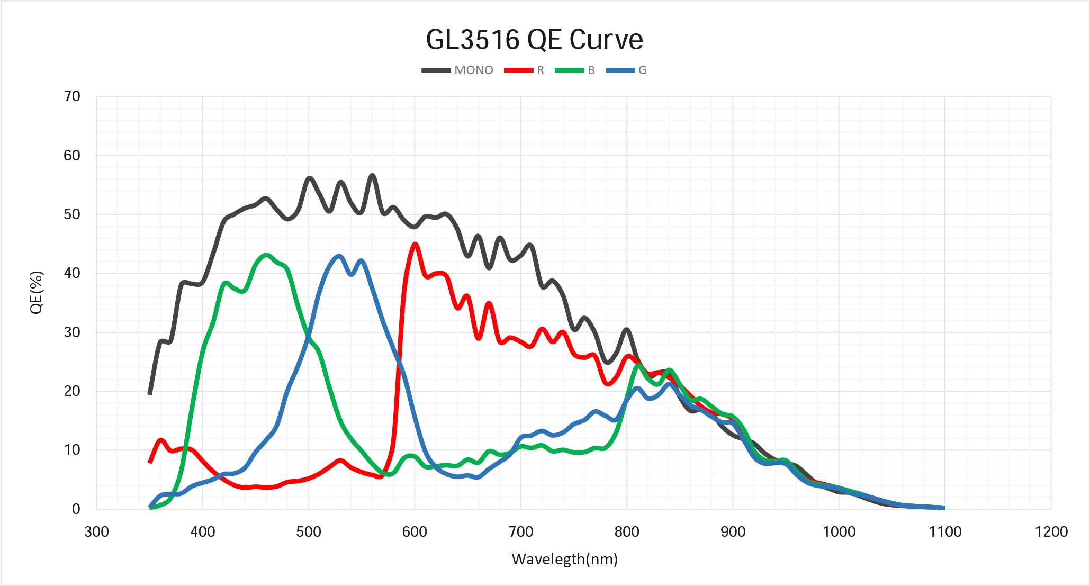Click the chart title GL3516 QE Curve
click(x=534, y=40)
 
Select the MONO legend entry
click(x=458, y=70)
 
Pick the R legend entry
click(x=524, y=70)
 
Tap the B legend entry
click(x=575, y=70)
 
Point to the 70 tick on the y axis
click(x=72, y=96)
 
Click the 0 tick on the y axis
click(x=76, y=509)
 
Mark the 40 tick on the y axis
click(x=72, y=273)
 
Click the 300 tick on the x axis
click(x=96, y=531)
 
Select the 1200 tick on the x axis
click(x=1051, y=531)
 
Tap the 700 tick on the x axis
click(x=521, y=531)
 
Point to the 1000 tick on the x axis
click(x=839, y=531)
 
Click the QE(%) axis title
click(x=36, y=292)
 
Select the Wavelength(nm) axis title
click(x=564, y=559)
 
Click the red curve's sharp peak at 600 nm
click(x=415, y=244)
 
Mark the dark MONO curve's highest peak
click(x=372, y=175)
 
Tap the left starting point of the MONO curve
click(x=150, y=393)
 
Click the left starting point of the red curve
click(x=150, y=462)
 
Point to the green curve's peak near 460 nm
click(x=266, y=255)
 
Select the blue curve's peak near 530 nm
click(x=339, y=256)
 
